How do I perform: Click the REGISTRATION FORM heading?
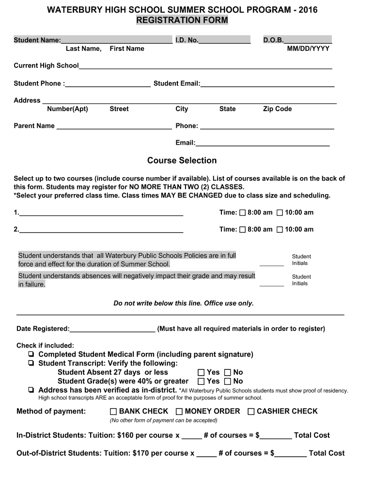[182, 20]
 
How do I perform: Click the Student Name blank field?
[116, 40]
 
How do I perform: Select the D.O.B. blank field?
[308, 40]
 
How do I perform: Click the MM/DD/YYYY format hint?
[308, 49]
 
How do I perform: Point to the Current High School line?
[205, 66]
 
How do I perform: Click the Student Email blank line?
[267, 83]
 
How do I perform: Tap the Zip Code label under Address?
[277, 109]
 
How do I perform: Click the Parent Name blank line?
[114, 126]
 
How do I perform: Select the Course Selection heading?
[182, 160]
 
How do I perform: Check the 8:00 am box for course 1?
[242, 213]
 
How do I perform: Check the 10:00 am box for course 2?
[280, 230]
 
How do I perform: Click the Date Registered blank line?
[112, 329]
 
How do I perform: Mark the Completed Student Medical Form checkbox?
[31, 355]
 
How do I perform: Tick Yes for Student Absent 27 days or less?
[202, 372]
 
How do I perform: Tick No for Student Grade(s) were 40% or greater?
[228, 381]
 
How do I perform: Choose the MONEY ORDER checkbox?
[179, 412]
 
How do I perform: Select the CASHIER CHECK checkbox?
[251, 412]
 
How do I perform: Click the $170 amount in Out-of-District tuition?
[140, 453]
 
